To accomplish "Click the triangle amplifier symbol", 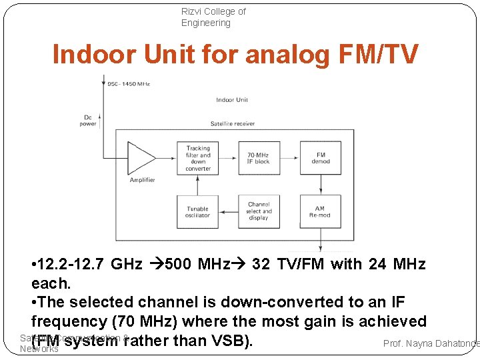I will tap(141, 158).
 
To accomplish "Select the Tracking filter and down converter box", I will tap(197, 158).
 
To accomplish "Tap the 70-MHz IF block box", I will tap(259, 158).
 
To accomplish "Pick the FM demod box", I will tap(320, 158).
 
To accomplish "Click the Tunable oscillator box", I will tap(197, 211).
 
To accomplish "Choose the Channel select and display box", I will tap(259, 211).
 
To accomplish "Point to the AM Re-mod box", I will tap(320, 211).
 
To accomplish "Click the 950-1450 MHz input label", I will tap(129, 85).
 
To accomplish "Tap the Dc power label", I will tap(88, 120).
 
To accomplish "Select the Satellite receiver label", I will tap(232, 123).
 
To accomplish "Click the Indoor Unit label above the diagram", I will tap(232, 100).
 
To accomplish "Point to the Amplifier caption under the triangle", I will tap(142, 180).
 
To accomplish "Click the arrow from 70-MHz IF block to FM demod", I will tap(289, 158).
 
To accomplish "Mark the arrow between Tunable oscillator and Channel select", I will tap(228, 211).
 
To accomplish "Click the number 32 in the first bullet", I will tap(261, 265).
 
